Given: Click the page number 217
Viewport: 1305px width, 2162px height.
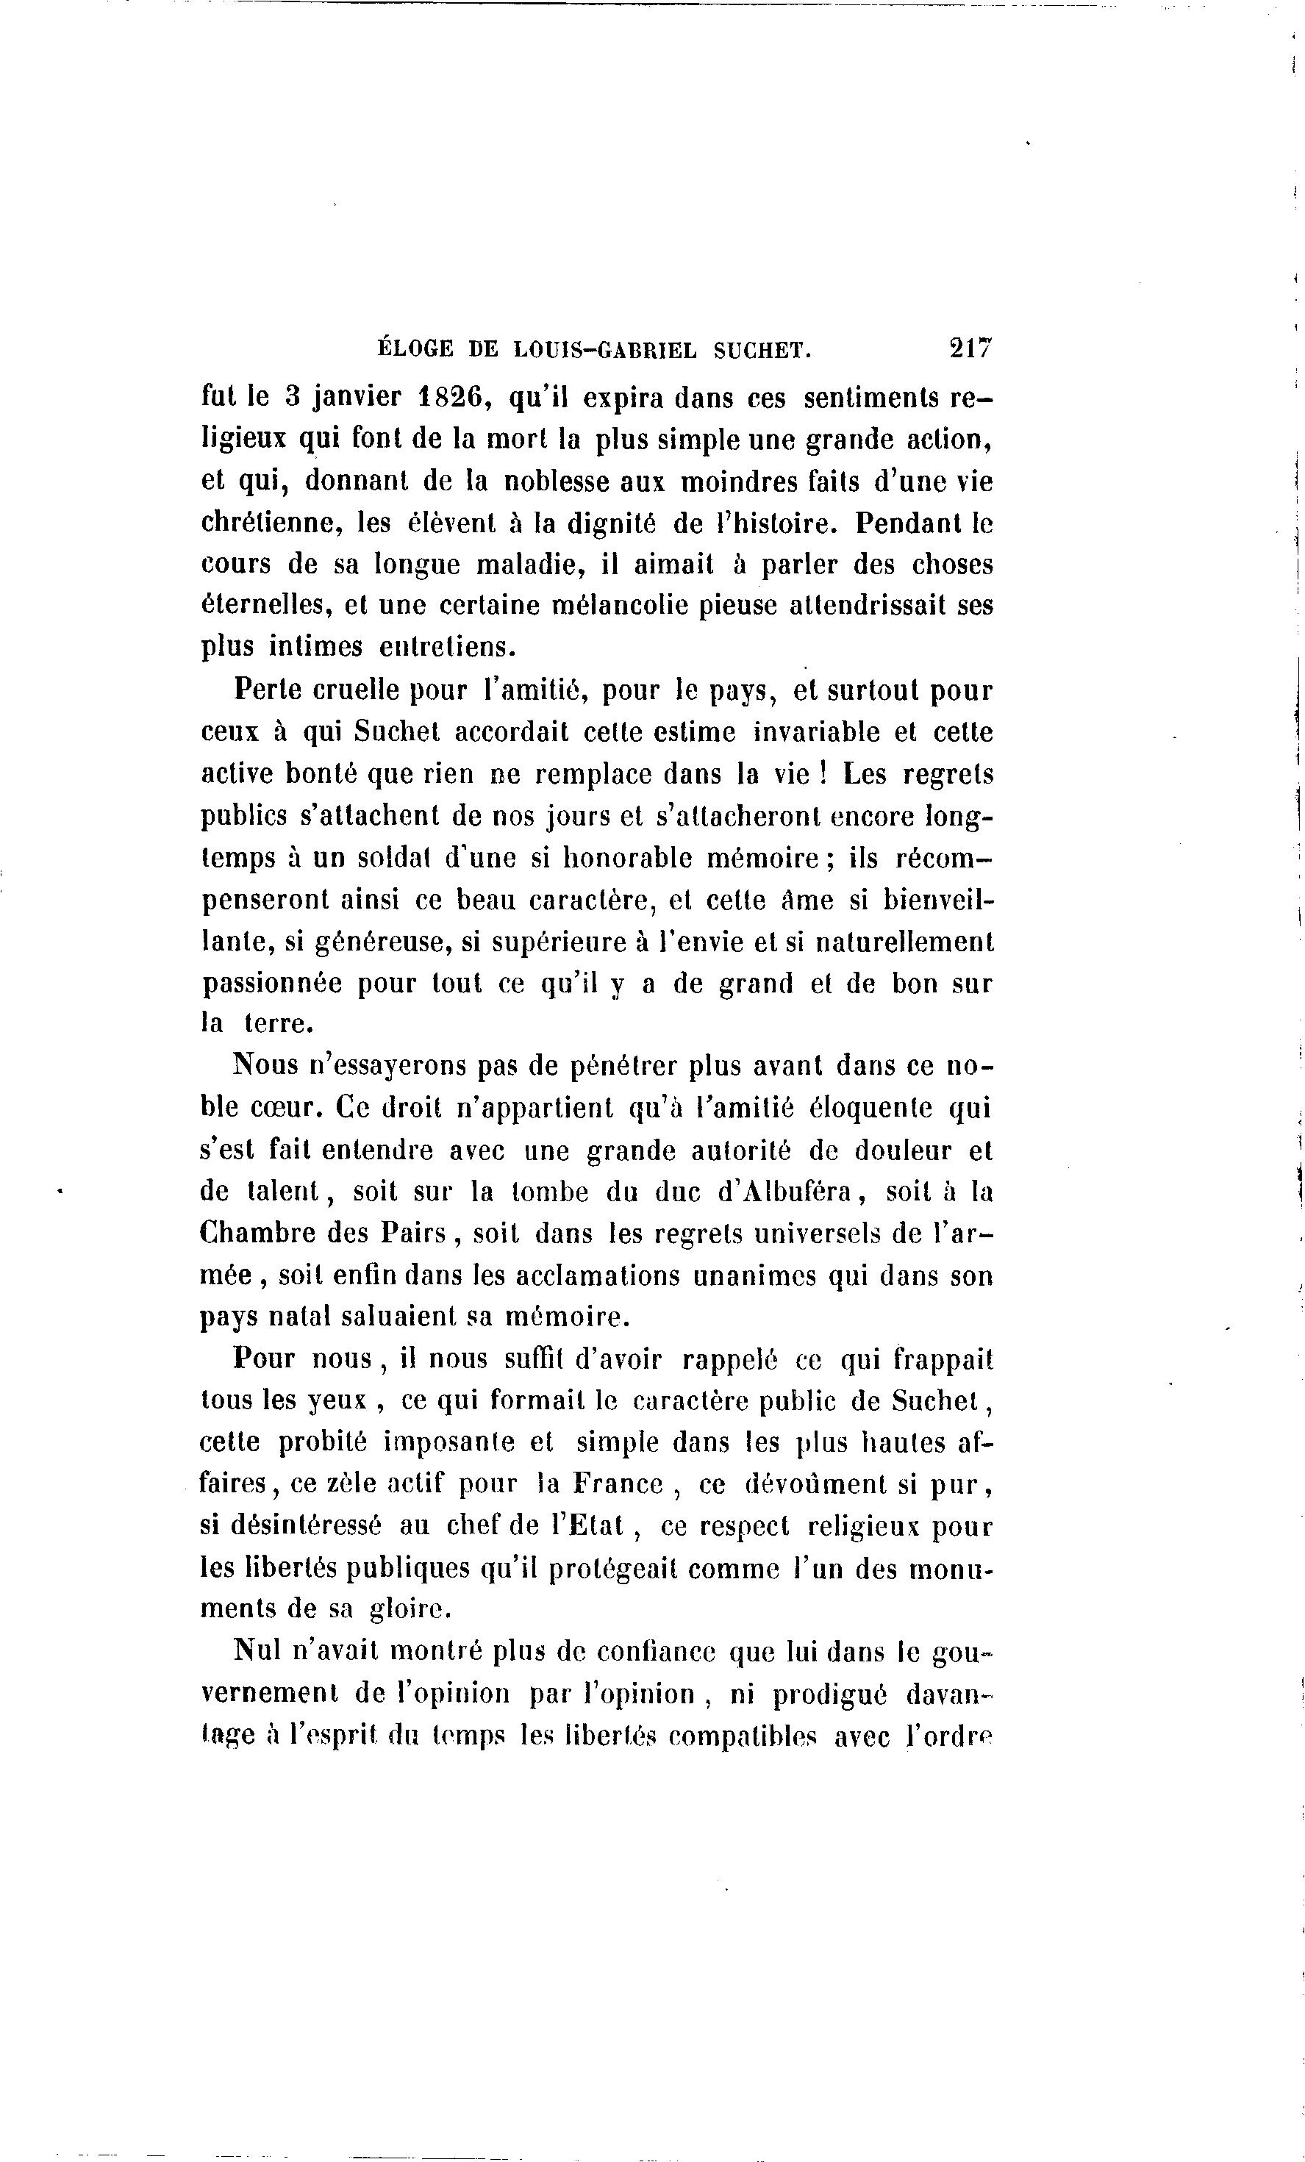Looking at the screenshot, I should (969, 348).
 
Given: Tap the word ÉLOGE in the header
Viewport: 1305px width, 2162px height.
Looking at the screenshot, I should (414, 349).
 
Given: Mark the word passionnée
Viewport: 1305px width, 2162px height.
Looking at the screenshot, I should (273, 984).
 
